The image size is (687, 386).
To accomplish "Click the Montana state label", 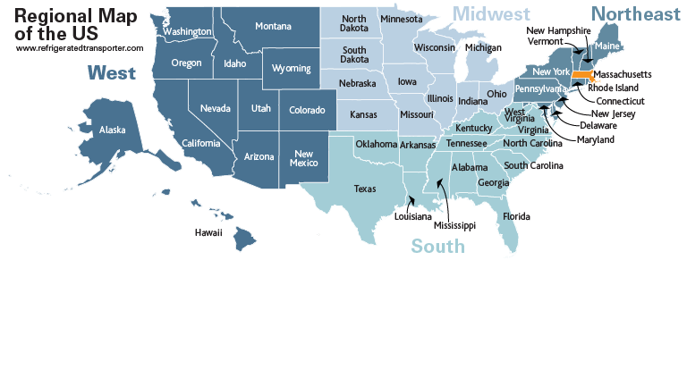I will click(273, 26).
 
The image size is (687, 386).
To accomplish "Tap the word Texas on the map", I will click(365, 189).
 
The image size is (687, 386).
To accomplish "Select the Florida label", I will click(516, 216).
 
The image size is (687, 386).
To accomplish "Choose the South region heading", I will click(437, 247).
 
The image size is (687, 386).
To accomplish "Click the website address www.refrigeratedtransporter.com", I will click(79, 48).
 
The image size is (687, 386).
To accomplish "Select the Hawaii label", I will click(208, 232).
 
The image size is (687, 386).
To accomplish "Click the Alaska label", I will click(112, 130).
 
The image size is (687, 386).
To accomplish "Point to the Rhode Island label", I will click(613, 88).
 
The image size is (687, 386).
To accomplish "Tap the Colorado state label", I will click(307, 111).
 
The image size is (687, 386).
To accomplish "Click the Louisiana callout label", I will click(413, 216).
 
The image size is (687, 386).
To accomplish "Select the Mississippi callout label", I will click(454, 225).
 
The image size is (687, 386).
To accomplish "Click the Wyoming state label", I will click(291, 69).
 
